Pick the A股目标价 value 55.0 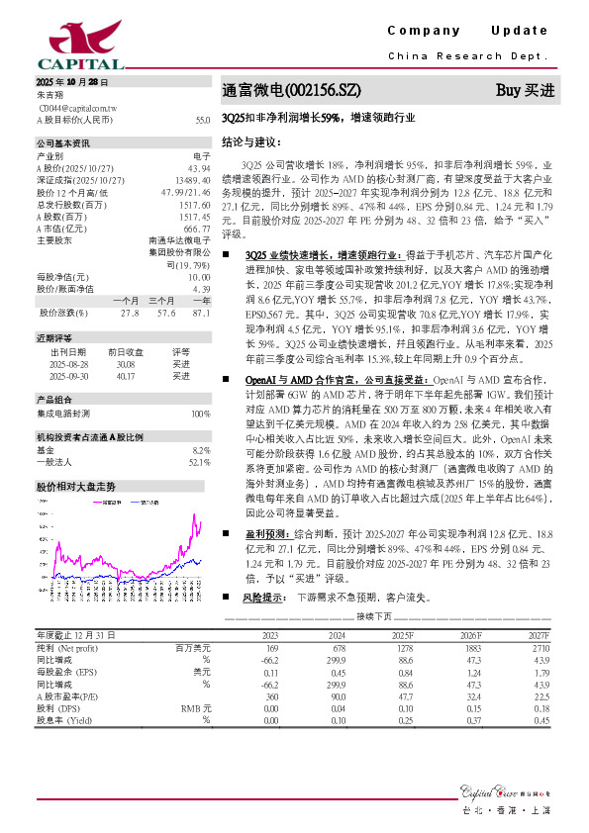203,120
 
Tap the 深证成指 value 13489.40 191,179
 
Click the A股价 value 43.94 199,168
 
